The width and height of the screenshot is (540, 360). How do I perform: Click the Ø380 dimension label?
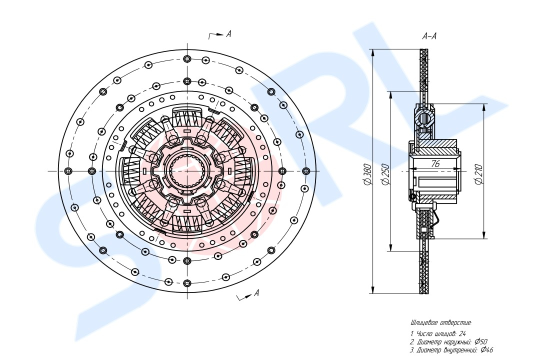[x=367, y=174]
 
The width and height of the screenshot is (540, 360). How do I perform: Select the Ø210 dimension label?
[x=479, y=174]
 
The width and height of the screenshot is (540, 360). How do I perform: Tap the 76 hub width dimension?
[x=435, y=163]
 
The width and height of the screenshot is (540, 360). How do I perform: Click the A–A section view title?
[x=429, y=36]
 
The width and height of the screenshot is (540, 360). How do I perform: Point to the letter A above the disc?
[x=228, y=34]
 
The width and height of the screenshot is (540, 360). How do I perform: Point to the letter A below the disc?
[x=256, y=293]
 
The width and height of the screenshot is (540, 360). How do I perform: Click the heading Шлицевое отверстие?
[x=441, y=323]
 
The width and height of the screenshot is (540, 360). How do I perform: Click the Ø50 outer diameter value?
[x=481, y=341]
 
